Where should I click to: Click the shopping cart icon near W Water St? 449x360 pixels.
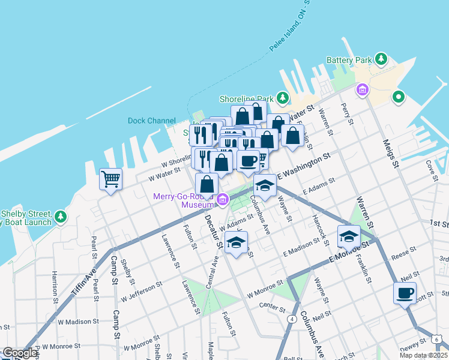[111, 179]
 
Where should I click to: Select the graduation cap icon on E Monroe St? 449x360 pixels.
[349, 236]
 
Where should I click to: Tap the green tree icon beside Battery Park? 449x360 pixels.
[381, 59]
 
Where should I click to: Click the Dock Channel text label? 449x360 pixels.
[151, 121]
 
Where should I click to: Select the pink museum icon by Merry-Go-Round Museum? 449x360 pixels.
[222, 199]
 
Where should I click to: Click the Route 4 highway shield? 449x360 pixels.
[291, 319]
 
